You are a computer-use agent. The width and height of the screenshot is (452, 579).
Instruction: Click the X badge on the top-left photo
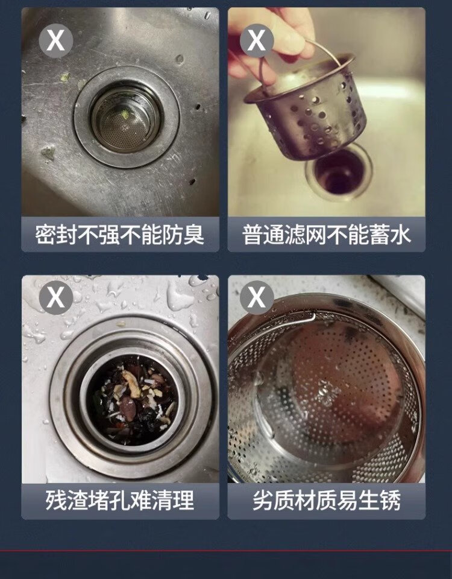[55, 40]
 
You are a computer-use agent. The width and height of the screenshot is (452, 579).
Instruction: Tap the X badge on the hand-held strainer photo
[257, 40]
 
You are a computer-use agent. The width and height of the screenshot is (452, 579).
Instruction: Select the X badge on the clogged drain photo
[55, 297]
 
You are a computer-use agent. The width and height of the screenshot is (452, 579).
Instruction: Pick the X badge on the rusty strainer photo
[257, 297]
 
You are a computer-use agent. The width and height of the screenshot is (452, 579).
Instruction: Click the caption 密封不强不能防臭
[119, 235]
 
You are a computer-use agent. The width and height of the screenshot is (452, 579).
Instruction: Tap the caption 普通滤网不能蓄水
[327, 235]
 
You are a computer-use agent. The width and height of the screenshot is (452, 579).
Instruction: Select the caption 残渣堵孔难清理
[120, 501]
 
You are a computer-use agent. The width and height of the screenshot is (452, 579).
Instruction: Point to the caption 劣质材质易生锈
[327, 501]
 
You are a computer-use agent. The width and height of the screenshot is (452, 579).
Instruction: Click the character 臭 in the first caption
[194, 235]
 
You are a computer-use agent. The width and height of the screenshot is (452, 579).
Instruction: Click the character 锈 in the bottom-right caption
[391, 501]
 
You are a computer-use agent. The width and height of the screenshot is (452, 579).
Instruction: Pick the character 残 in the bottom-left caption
[55, 501]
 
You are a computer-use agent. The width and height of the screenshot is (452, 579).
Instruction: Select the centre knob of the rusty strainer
[326, 393]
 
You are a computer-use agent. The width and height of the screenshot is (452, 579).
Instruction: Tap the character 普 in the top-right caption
[253, 235]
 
